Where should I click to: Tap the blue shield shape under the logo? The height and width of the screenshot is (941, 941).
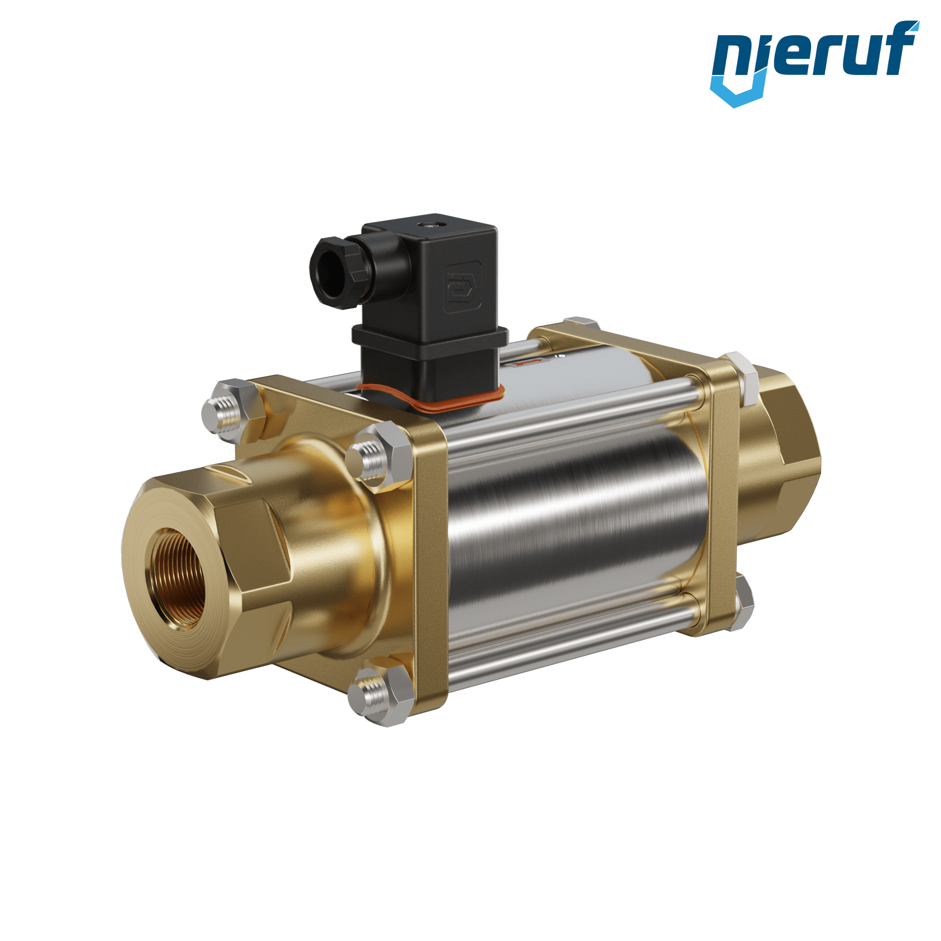tap(735, 91)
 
